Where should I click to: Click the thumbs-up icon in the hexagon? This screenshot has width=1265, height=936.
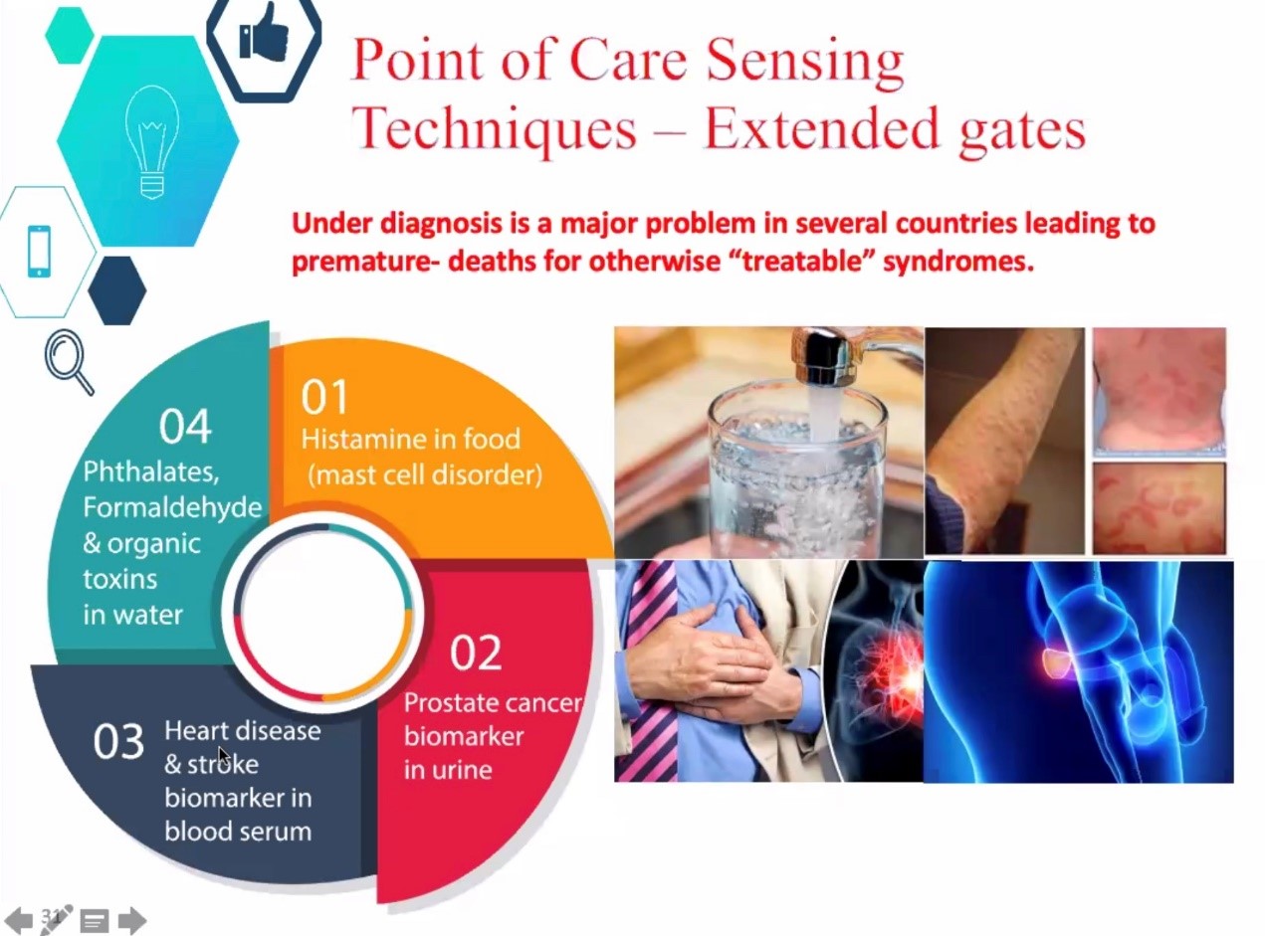(x=264, y=32)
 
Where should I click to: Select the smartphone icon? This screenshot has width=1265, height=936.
(x=39, y=252)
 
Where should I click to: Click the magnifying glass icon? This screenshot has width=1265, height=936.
(x=69, y=362)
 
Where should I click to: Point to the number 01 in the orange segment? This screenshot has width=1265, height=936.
(x=324, y=397)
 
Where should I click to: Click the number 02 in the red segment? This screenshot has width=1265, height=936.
(x=476, y=653)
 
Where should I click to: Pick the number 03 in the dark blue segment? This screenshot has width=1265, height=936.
(x=118, y=742)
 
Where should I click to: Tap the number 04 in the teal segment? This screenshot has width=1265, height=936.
(x=185, y=427)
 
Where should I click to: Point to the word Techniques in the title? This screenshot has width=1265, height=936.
(x=494, y=129)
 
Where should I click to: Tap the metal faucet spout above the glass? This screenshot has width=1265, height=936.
(x=834, y=355)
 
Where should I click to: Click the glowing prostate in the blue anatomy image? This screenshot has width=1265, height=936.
(x=1055, y=663)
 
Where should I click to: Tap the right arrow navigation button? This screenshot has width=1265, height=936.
(x=132, y=919)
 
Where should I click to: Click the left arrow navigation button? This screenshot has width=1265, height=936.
(x=19, y=919)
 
